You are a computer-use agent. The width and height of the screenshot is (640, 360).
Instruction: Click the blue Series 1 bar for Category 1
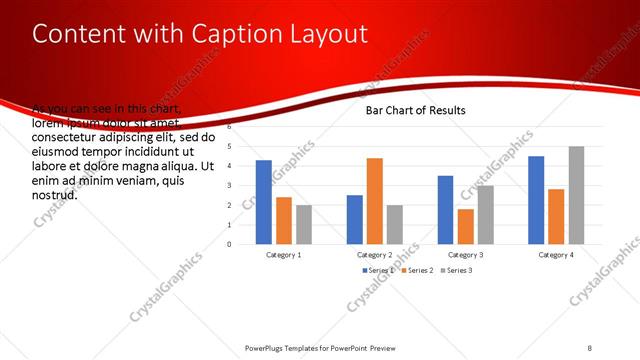(264, 202)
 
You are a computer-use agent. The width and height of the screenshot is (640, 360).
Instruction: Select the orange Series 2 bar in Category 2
(374, 201)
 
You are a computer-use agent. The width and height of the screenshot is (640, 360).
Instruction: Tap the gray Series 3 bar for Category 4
(576, 195)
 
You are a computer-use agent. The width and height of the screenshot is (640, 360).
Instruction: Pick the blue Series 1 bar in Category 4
(536, 200)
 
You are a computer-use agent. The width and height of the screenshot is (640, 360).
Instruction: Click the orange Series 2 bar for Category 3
(465, 226)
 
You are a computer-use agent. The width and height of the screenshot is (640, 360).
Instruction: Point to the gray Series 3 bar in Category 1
(303, 224)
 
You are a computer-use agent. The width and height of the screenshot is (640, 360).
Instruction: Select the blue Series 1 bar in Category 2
(354, 219)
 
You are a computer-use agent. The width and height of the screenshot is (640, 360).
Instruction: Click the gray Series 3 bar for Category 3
(485, 214)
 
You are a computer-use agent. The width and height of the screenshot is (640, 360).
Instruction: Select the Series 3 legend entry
(458, 271)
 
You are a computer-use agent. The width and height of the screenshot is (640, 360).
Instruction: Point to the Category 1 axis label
(284, 255)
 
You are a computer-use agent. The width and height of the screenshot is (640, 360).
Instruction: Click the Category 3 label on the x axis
(465, 255)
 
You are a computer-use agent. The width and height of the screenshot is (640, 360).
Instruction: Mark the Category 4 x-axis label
(556, 255)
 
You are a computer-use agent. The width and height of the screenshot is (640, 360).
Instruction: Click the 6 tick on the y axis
(229, 127)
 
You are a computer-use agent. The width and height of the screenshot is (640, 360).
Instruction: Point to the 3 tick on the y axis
(229, 185)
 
